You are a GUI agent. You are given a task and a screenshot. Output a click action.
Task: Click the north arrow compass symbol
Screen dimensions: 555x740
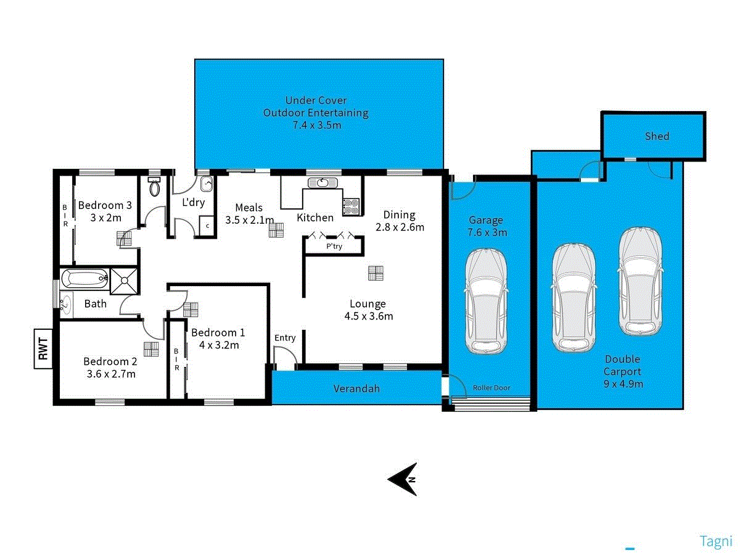[403, 479]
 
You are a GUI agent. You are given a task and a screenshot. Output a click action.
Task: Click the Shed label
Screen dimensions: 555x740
[657, 136]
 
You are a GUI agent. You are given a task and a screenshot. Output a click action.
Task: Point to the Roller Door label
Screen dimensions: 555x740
[491, 388]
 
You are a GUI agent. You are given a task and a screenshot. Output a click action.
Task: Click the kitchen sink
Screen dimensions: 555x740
[323, 183]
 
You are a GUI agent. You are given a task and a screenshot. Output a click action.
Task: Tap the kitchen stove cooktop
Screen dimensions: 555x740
[351, 205]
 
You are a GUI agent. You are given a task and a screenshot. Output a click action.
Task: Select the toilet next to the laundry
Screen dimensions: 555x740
[155, 186]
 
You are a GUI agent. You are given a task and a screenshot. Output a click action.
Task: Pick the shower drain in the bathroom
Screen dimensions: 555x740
[125, 281]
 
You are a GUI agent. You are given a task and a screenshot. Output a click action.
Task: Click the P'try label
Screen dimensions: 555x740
[334, 247]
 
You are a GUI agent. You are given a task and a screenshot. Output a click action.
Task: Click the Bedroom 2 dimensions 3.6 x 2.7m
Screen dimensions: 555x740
[110, 374]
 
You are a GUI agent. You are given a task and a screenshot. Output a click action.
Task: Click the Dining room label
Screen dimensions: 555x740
[399, 215]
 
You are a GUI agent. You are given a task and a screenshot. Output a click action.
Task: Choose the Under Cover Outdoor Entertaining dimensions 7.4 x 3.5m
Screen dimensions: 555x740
[316, 125]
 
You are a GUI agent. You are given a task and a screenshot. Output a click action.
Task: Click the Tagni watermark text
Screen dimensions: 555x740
[715, 541]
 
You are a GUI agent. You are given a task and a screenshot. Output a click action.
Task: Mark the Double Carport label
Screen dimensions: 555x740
[622, 365]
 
